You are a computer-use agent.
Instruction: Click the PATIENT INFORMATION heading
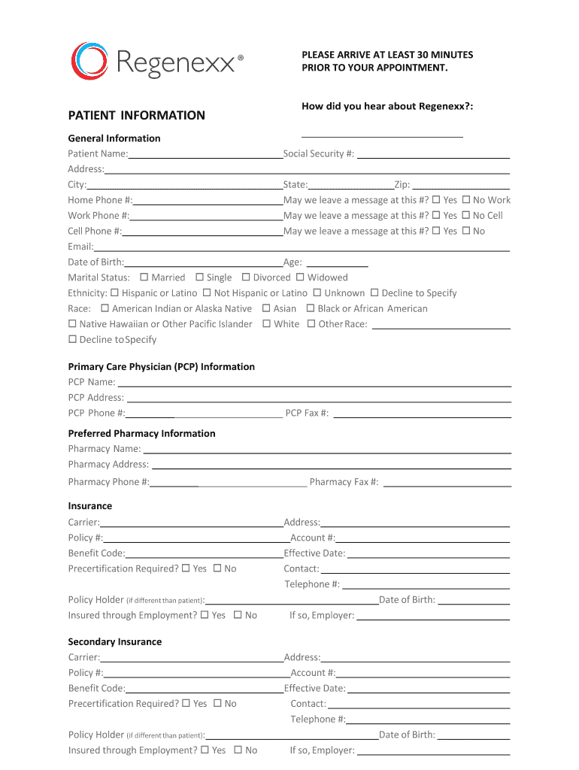[136, 115]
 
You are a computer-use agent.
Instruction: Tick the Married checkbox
[144, 277]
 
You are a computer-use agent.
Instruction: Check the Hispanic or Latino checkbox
[114, 293]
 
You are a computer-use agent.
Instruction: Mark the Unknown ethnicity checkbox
[317, 293]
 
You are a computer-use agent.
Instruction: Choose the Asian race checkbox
[266, 308]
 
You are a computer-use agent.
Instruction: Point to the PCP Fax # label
[307, 413]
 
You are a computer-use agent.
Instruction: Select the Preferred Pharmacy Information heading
[141, 433]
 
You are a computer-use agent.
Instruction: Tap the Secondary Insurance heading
[115, 641]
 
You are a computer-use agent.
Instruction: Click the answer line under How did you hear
[382, 136]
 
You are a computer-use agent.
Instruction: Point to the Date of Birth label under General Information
[95, 262]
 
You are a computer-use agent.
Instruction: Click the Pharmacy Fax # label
[344, 482]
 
